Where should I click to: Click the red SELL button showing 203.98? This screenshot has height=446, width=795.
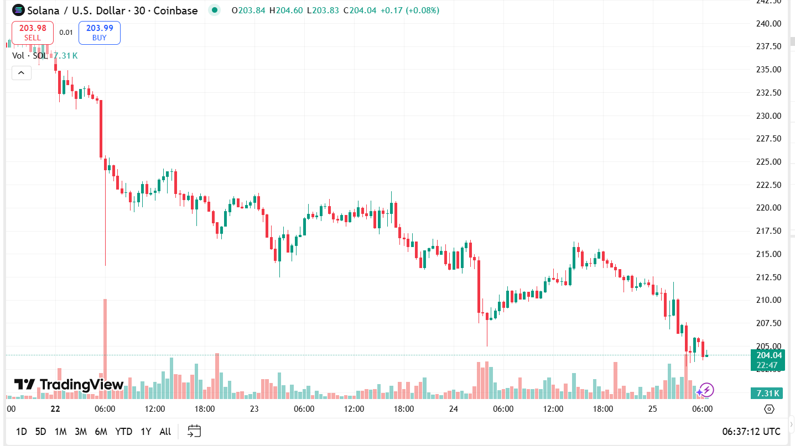(x=33, y=33)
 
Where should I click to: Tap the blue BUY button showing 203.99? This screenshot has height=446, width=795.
(x=100, y=33)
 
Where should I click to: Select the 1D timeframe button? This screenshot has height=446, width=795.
(x=21, y=432)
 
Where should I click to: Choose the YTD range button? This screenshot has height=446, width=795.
(x=123, y=432)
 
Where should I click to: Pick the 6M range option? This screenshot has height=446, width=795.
(x=101, y=432)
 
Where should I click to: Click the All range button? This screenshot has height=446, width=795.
(x=165, y=432)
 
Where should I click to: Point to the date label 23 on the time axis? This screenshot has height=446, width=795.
(x=254, y=409)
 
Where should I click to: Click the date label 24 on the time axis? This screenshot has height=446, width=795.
(x=454, y=409)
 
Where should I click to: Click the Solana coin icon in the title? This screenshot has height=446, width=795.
(x=18, y=10)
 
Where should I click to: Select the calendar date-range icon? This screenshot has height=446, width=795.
(x=194, y=431)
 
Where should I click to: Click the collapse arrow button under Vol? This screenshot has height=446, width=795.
(x=22, y=72)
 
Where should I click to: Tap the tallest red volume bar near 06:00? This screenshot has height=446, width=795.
(x=105, y=343)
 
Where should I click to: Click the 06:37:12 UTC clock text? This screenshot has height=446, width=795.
(x=751, y=432)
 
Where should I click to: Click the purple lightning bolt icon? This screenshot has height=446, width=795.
(x=706, y=390)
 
